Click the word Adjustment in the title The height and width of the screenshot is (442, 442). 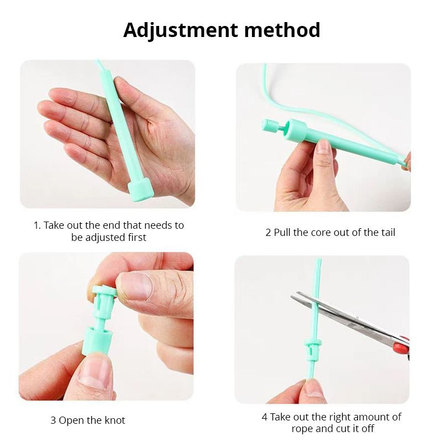(181, 30)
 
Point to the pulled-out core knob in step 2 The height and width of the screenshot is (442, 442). (269, 125)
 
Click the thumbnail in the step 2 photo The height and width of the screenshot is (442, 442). (323, 146)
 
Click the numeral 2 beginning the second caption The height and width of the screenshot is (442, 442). (269, 233)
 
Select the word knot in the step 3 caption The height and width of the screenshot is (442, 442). (115, 420)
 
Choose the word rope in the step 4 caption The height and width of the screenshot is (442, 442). (302, 429)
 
